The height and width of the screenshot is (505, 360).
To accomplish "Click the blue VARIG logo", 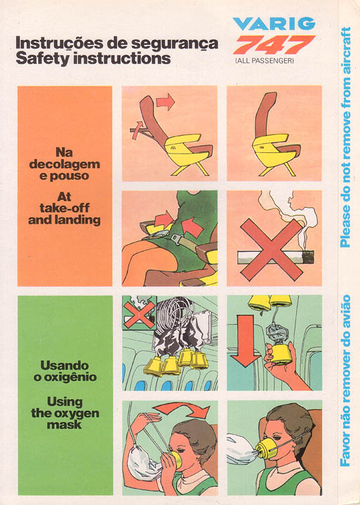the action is point(274,24).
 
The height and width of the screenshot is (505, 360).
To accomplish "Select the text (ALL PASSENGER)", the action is point(265,60).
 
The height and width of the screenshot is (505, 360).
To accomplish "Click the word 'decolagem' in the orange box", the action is point(65,164).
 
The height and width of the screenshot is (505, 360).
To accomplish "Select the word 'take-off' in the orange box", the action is point(65,208).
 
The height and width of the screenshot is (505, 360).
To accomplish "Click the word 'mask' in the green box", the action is point(65,424).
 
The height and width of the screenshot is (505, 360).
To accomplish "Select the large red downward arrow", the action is point(246,341).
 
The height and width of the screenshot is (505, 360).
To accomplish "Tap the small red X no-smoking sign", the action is point(140,315).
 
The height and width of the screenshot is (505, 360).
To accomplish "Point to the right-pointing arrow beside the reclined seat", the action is point(166,102).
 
